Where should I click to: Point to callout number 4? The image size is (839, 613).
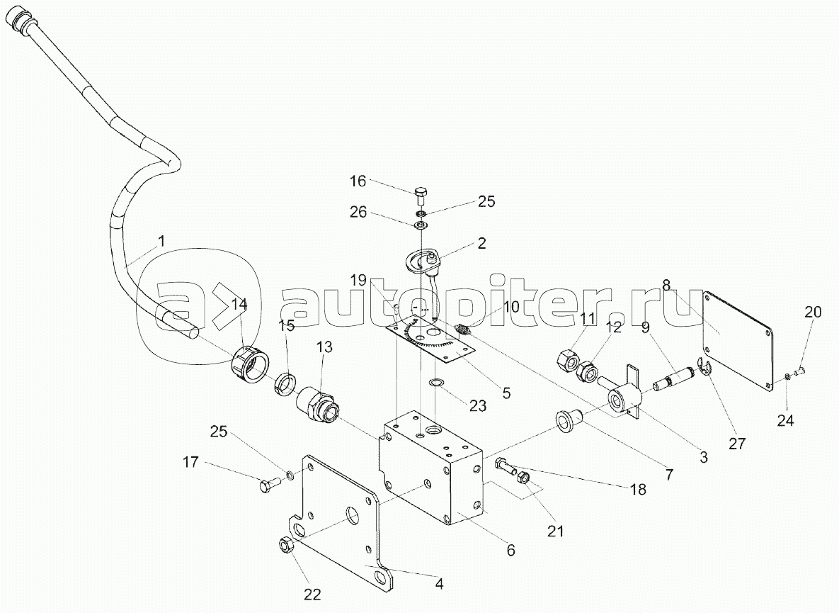[439, 585]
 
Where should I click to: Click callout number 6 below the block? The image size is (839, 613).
[510, 550]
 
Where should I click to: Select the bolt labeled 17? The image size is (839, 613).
[267, 486]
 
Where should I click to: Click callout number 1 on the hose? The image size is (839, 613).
[161, 242]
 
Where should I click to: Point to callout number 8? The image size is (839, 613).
[666, 285]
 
